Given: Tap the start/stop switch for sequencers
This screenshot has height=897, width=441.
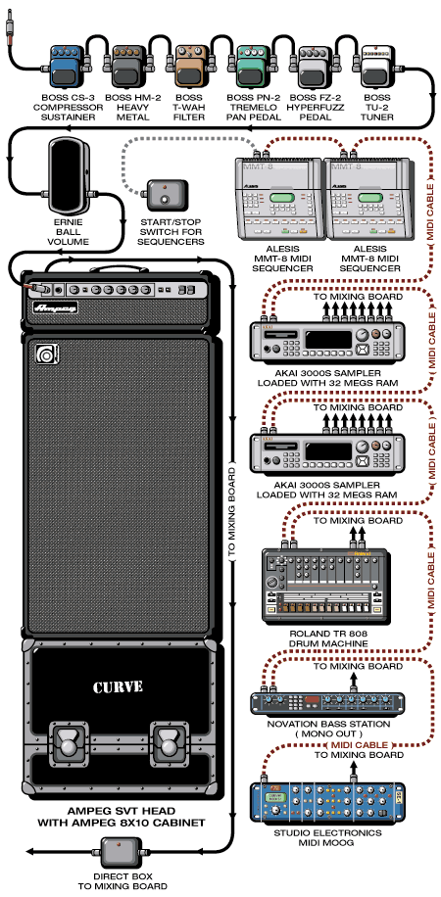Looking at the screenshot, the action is pos(168,195).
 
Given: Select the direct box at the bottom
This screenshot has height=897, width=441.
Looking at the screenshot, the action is pos(121,852).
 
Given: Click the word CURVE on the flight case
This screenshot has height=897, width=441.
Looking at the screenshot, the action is pos(118,686).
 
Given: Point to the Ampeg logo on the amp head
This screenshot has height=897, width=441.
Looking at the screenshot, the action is pos(56,307).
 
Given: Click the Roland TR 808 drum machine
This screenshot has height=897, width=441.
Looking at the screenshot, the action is pos(324,586).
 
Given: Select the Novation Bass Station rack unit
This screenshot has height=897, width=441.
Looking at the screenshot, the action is pos(327,703).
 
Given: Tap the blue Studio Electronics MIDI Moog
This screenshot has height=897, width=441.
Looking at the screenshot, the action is pos(327,802).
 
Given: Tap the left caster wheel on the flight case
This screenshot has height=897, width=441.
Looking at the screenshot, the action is pos(70,746).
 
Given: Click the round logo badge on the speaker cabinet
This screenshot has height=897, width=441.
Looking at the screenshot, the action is pos(43,354).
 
